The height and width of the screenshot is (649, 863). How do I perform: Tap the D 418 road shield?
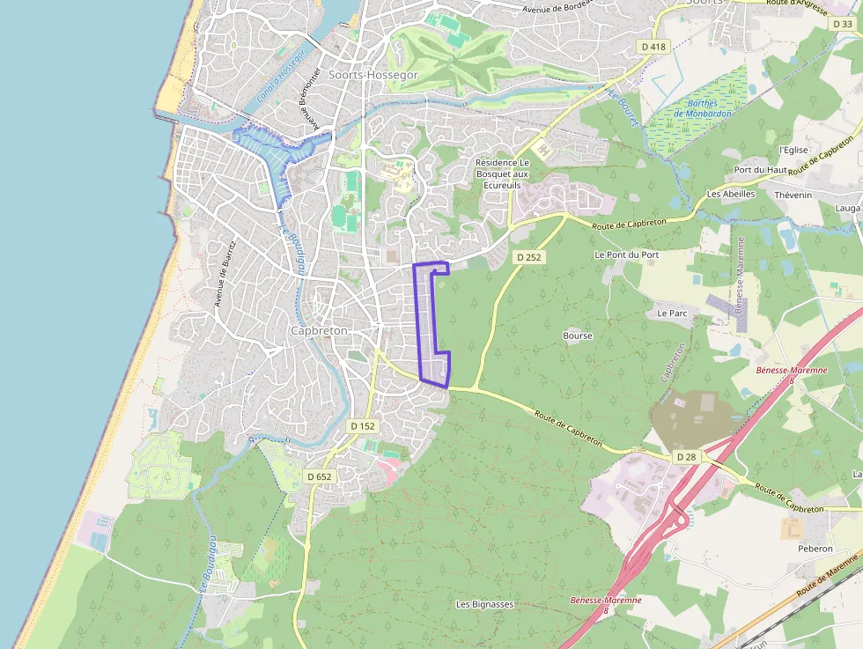[653, 47]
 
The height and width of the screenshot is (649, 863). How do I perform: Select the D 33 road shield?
[843, 24]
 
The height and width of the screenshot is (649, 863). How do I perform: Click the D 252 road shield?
[527, 256]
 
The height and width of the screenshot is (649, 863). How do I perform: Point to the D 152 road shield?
[362, 426]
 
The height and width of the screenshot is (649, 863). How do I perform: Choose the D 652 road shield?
[318, 476]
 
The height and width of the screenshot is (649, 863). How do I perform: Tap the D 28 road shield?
[687, 457]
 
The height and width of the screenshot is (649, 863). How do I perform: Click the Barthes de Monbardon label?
[703, 108]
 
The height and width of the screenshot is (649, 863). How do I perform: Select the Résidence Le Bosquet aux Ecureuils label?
[502, 174]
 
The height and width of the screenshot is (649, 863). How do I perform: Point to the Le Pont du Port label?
[626, 254]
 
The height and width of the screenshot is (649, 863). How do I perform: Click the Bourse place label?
[578, 336]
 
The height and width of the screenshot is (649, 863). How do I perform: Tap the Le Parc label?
[672, 313]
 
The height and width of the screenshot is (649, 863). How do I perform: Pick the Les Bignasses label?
[484, 604]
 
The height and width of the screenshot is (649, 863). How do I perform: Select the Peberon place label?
[815, 549]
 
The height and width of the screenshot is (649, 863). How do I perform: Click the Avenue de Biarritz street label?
[225, 274]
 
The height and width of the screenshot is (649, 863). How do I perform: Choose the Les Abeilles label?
[731, 194]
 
